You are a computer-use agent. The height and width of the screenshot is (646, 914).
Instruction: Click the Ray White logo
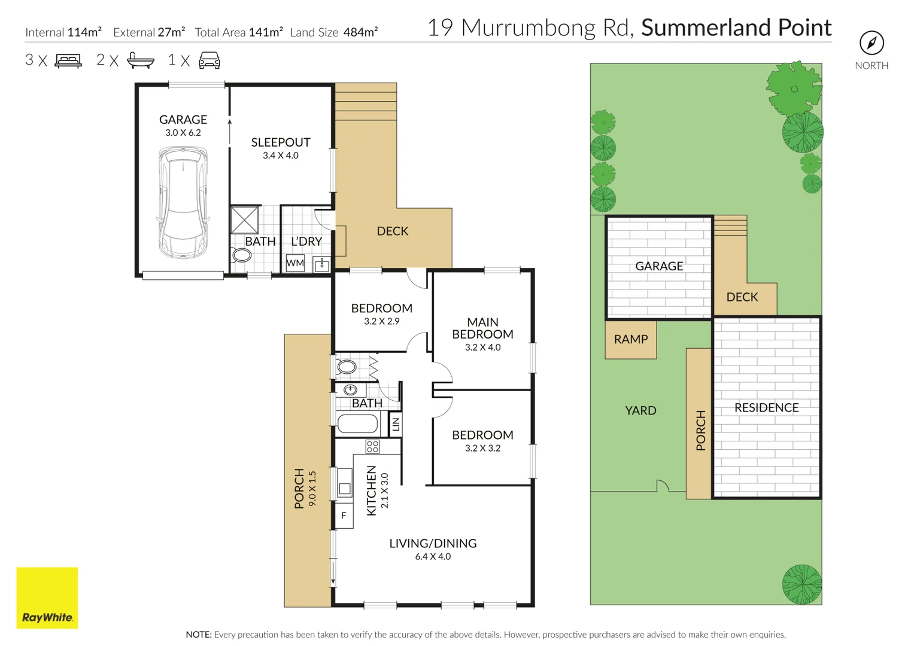coord(47,598)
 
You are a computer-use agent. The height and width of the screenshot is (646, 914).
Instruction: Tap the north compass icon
coord(872,43)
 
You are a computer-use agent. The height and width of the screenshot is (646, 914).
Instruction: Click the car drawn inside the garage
coord(183,203)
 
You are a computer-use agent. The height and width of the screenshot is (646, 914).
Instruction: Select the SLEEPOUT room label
coord(281,142)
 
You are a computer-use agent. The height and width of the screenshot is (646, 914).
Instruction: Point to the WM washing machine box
coord(295,263)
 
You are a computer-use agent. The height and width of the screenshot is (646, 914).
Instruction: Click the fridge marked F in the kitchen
coord(344,516)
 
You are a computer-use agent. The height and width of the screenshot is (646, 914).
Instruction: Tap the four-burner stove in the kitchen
coord(372,446)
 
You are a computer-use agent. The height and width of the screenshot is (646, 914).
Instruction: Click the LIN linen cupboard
coord(396,425)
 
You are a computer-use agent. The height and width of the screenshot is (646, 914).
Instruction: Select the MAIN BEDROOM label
coord(482,328)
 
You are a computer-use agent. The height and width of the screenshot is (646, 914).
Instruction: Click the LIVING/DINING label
coord(433,543)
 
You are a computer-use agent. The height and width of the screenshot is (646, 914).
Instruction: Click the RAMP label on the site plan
coord(631,339)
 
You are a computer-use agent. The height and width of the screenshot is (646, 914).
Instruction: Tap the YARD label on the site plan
coord(640,410)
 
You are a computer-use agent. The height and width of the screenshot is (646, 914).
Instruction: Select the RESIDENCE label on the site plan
coord(767,407)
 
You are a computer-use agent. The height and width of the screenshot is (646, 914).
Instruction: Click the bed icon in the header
coord(69,61)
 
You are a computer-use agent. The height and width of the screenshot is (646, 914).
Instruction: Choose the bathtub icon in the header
coord(141,60)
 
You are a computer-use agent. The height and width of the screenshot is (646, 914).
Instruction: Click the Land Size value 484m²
coord(361,32)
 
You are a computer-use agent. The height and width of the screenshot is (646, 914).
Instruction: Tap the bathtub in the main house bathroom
coord(358,423)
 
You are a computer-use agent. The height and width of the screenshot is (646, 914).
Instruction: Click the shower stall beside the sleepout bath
coord(244,220)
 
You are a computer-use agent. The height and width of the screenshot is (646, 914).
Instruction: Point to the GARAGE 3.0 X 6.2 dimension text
coord(183,133)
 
